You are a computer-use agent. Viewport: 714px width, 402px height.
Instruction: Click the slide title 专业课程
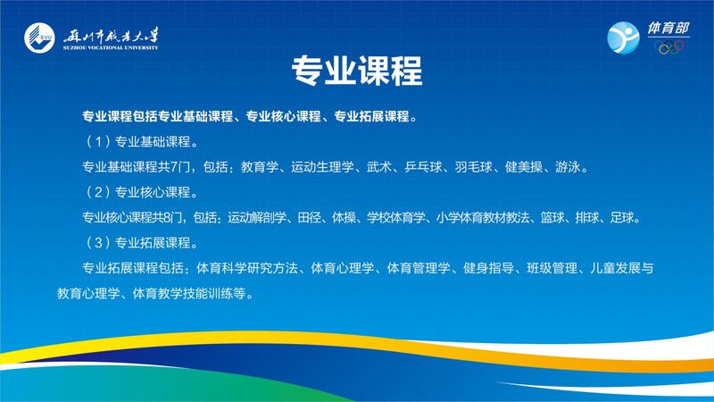357,71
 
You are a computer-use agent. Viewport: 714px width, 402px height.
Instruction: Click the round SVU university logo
39,38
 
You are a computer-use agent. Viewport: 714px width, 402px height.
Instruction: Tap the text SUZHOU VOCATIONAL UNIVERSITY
111,47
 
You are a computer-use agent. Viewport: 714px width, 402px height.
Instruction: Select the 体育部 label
668,29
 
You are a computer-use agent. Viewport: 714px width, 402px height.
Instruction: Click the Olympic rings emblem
668,47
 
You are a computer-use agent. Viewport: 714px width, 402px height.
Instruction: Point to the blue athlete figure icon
623,38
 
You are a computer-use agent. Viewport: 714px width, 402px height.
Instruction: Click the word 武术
379,167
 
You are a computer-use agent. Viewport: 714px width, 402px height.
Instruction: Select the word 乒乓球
423,167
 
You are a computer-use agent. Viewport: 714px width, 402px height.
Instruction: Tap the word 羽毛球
473,167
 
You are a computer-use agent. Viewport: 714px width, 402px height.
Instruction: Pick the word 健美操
524,167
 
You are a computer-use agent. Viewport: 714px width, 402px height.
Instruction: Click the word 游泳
568,167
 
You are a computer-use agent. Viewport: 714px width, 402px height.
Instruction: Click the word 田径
309,217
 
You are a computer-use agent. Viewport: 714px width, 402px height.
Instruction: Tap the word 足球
621,217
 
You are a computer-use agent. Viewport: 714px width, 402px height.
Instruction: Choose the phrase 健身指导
488,268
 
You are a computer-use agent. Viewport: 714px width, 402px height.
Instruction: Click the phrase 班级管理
552,268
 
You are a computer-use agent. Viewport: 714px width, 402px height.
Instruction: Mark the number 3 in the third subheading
98,242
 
